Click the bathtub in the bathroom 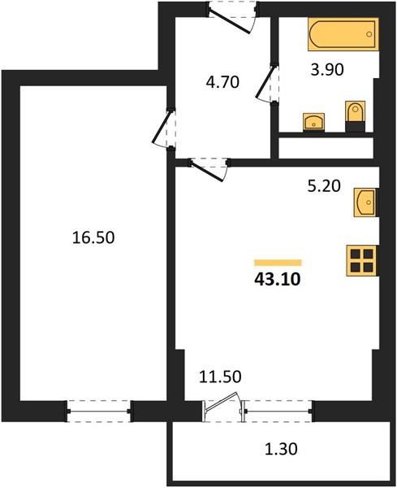343,34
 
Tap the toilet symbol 356,116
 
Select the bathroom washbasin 313,121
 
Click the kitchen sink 366,203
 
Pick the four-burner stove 363,261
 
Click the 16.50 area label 93,237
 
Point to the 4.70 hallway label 222,82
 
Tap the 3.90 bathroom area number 327,69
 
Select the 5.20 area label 324,186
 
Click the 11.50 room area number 220,377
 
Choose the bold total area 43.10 278,280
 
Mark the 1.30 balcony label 281,449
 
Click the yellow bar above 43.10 278,263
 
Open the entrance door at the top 231,20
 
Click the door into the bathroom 266,82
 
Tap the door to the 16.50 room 163,128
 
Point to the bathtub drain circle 369,34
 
